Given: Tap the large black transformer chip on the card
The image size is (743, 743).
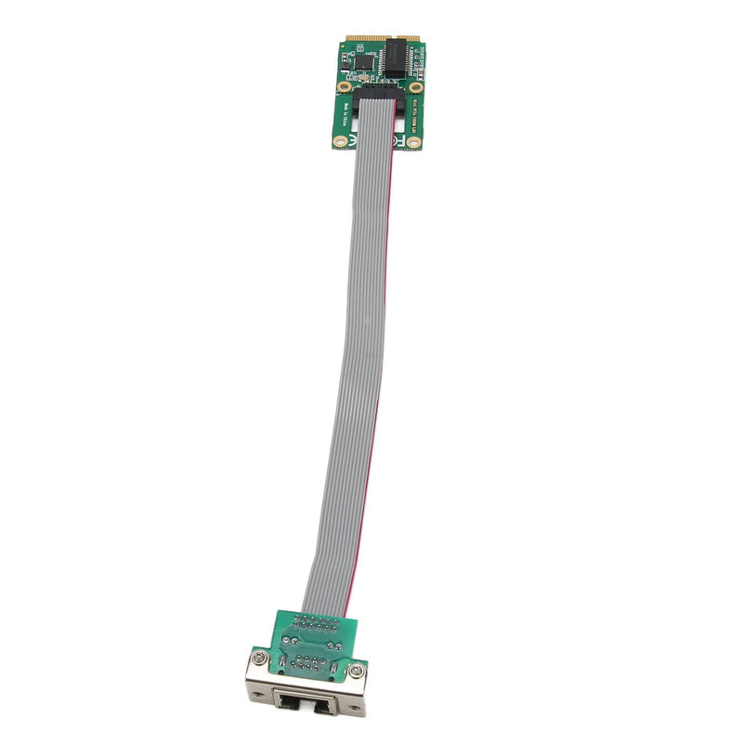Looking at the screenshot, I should point(397,58).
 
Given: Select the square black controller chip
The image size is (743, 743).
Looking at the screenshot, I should point(364,62).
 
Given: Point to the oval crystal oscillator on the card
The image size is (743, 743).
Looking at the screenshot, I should point(364,78).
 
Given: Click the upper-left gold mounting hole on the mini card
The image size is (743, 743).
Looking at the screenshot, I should point(344,86).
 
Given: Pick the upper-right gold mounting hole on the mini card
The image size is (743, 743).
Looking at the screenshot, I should point(416,87).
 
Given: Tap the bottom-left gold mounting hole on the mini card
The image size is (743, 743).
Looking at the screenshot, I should point(340,141).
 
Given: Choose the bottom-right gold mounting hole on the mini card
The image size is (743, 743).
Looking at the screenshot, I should point(413,142).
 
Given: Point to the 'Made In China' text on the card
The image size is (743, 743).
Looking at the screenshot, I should point(345,114).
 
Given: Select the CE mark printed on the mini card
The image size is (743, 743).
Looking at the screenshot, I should point(351,140).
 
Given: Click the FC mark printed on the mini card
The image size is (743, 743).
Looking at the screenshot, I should point(398,140).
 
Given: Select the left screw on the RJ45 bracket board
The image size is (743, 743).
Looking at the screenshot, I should point(259,658).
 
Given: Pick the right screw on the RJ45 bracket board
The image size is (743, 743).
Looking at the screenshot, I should point(356,671).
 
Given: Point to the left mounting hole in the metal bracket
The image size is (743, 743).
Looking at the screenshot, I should point(258,695).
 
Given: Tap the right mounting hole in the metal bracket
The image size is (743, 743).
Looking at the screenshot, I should point(354,708).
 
